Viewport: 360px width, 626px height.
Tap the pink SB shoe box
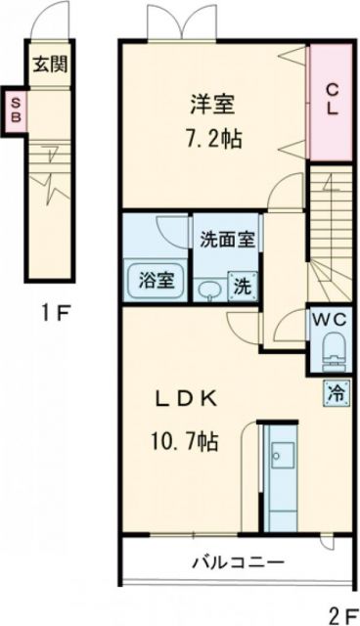click(x=18, y=111)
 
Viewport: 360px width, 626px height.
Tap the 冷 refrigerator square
click(x=335, y=394)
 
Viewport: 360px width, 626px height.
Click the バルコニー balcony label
click(x=237, y=564)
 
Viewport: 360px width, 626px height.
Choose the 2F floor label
click(x=341, y=613)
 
